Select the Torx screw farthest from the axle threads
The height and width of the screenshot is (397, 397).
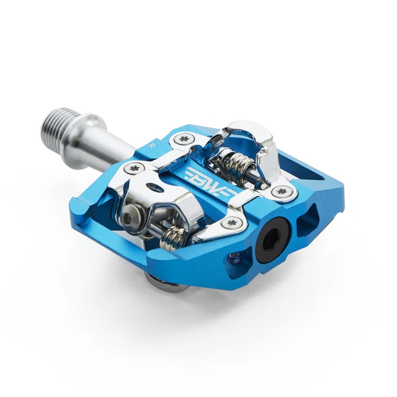pos(282,190)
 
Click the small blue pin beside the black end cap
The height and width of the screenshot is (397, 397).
pos(234,258)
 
